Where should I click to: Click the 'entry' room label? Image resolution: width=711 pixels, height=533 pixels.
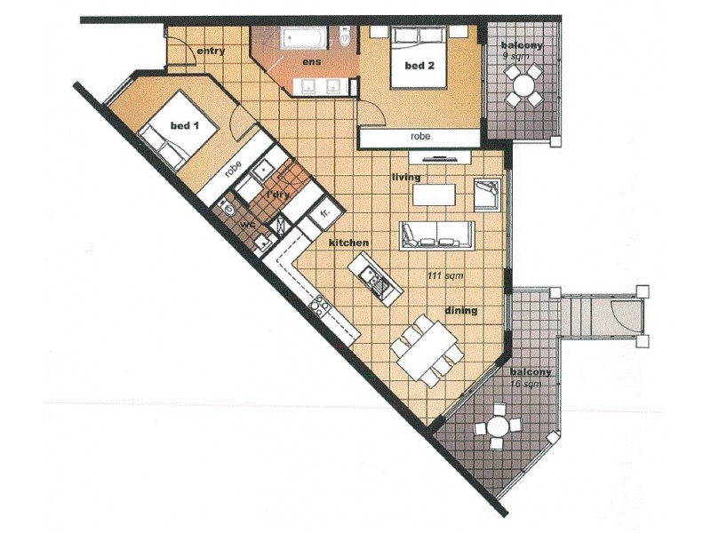coord(210,52)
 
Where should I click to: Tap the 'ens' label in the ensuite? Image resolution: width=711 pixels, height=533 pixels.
coord(311,62)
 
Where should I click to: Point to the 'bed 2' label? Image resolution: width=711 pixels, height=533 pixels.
coord(419,67)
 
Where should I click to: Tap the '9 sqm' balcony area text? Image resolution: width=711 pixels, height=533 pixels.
coord(515,55)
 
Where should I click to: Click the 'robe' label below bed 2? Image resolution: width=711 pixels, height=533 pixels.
coord(420,137)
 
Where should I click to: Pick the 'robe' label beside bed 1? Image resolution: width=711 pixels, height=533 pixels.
coord(234,169)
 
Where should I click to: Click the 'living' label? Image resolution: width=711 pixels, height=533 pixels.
coord(405,178)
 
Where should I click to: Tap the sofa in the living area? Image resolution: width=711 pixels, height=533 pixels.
coord(437,235)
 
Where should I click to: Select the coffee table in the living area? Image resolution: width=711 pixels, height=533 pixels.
coord(434,194)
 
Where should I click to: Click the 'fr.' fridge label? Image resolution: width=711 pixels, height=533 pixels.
coord(324,215)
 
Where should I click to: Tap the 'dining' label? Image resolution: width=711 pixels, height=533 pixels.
coord(461,311)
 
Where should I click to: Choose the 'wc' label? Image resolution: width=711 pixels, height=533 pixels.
coord(248,224)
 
